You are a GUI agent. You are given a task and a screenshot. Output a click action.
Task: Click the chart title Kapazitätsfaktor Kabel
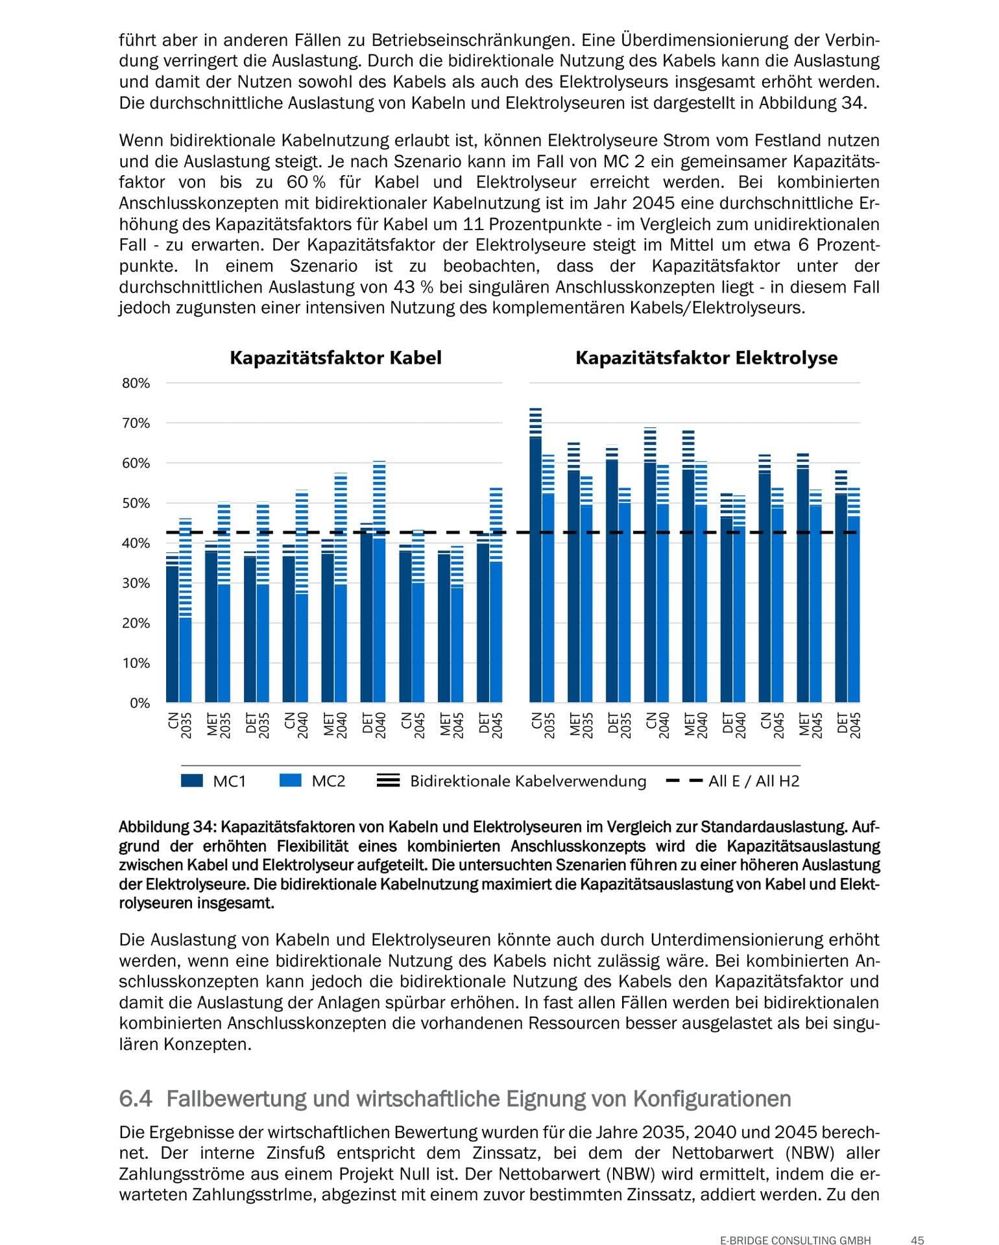pyautogui.click(x=335, y=358)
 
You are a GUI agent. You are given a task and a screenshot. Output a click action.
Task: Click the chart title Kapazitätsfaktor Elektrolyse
pyautogui.click(x=706, y=358)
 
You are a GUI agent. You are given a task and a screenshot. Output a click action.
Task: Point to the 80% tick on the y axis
pyautogui.click(x=136, y=383)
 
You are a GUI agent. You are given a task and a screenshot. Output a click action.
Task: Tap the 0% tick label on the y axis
pyautogui.click(x=139, y=703)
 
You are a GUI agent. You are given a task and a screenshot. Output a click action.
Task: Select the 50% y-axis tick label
pyautogui.click(x=136, y=503)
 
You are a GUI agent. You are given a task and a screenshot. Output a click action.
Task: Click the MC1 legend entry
pyautogui.click(x=213, y=781)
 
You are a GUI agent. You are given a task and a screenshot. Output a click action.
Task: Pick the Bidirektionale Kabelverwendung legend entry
pyautogui.click(x=512, y=781)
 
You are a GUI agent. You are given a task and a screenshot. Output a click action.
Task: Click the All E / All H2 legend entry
pyautogui.click(x=734, y=781)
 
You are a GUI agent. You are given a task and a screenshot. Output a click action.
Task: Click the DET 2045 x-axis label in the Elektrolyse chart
pyautogui.click(x=849, y=725)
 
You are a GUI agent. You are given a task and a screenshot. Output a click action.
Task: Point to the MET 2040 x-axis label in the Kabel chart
pyautogui.click(x=335, y=725)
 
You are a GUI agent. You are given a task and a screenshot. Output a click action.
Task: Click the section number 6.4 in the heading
pyautogui.click(x=136, y=1099)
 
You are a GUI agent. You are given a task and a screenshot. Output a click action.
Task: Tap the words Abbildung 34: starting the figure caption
pyautogui.click(x=167, y=827)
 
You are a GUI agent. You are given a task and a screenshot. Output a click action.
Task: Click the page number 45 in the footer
pyautogui.click(x=917, y=1240)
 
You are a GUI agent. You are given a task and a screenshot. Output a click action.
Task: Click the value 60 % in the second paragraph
pyautogui.click(x=305, y=182)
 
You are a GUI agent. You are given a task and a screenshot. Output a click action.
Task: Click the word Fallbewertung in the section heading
pyautogui.click(x=236, y=1099)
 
